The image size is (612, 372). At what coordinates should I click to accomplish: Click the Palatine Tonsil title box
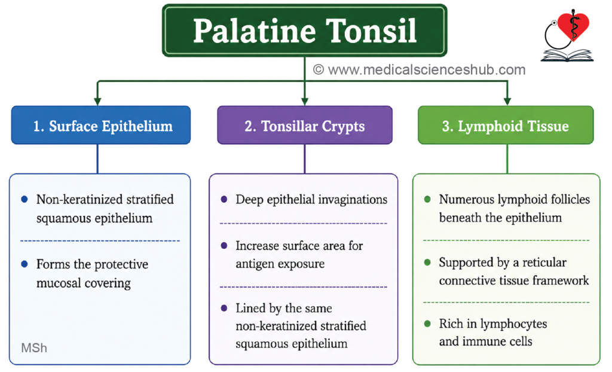304,31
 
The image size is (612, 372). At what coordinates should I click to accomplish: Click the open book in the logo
567,55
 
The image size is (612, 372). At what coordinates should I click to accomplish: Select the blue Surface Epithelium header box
100,125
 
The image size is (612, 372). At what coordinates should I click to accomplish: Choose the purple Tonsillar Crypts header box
304,125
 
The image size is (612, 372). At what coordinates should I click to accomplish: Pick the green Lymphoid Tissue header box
506,125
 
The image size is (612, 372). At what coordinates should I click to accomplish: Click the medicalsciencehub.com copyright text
419,69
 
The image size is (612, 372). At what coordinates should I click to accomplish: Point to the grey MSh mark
34,347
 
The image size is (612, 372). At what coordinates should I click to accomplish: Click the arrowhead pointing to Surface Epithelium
97,101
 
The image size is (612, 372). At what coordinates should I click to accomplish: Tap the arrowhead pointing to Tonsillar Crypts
305,101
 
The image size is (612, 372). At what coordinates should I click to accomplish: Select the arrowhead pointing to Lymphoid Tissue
507,101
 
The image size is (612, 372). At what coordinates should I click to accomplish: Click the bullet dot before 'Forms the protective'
25,264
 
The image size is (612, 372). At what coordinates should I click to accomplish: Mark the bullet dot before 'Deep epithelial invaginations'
224,199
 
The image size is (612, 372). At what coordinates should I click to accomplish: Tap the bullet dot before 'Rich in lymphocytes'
427,324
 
